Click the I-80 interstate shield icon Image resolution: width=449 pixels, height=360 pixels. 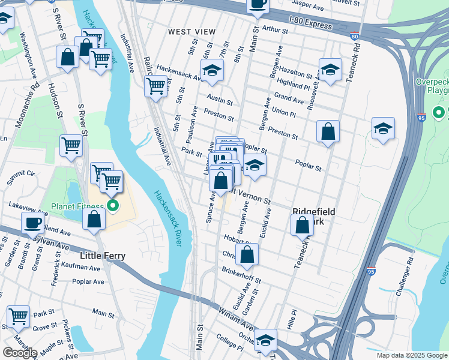pos(355,36)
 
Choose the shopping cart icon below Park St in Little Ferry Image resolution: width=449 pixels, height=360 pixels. pos(19,316)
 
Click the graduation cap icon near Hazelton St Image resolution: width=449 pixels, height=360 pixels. pos(330,70)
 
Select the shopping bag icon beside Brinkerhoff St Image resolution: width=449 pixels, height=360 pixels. pos(247,254)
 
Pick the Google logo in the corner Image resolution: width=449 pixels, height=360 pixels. pos(20,353)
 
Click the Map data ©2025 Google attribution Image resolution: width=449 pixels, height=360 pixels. pos(411,355)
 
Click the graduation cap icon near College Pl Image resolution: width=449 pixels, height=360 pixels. pos(265,340)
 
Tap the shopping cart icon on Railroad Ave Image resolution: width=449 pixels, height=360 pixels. pos(155,86)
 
